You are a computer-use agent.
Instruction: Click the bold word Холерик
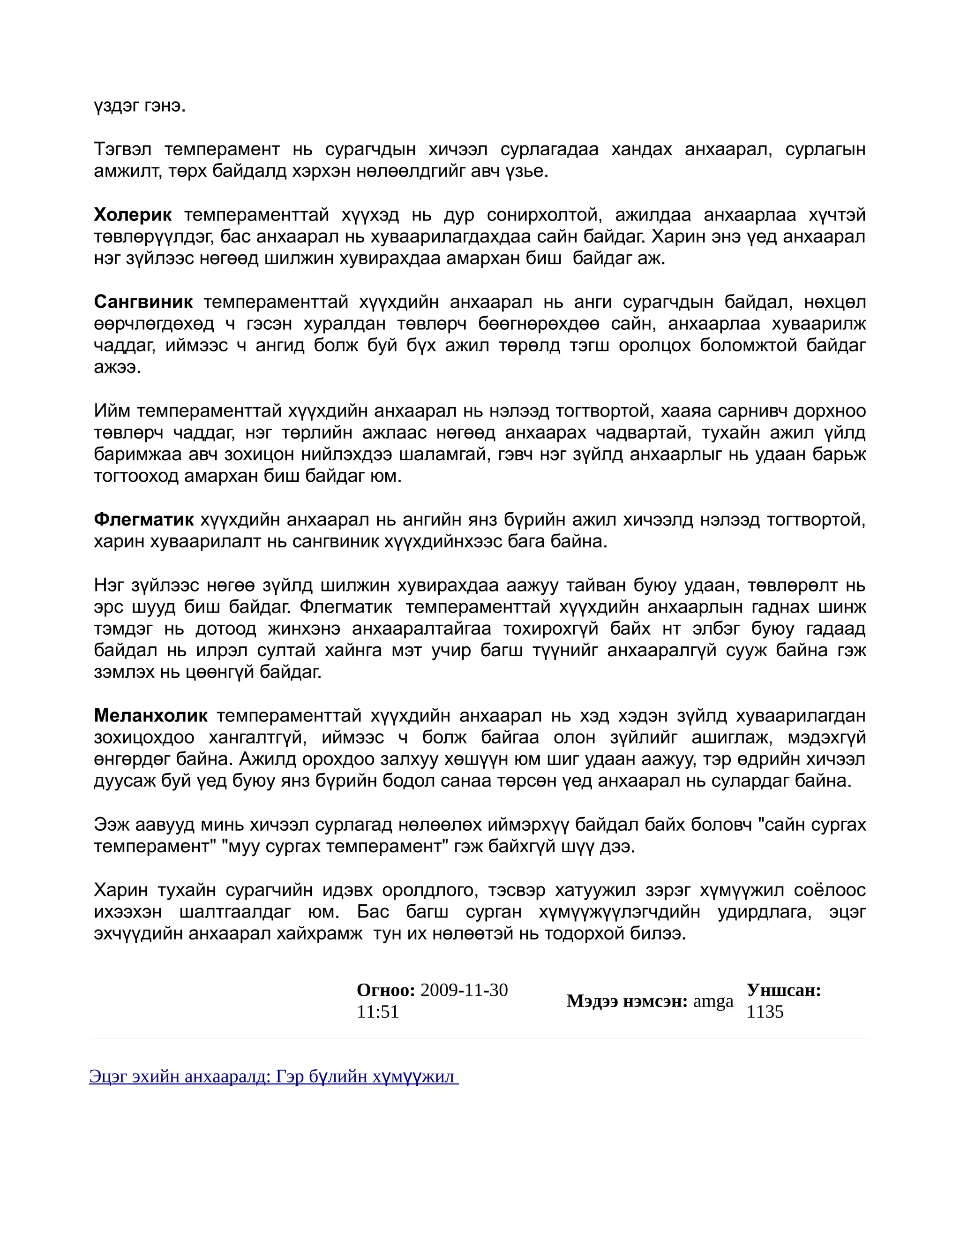tap(133, 215)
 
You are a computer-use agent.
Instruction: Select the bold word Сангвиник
tap(143, 302)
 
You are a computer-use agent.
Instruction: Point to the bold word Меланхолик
tap(151, 715)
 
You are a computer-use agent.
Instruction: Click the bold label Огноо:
tap(386, 990)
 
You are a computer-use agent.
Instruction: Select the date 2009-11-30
tap(464, 990)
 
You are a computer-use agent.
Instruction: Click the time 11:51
tap(378, 1012)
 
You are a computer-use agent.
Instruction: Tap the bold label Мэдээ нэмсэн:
tap(627, 1001)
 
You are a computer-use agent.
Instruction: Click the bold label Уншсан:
tap(784, 990)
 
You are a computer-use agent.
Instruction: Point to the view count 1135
tap(765, 1012)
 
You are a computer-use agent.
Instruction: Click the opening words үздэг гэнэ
tap(140, 106)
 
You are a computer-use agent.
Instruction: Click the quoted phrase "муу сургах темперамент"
tap(334, 846)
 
